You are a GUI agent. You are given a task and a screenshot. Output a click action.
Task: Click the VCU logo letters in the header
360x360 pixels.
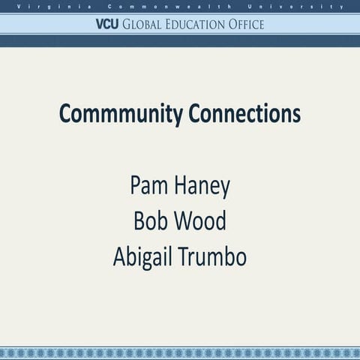tap(108, 24)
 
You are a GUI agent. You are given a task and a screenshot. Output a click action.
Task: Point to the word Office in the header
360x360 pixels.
tap(247, 24)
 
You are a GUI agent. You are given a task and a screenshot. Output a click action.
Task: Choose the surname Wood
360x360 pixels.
tap(200, 221)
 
